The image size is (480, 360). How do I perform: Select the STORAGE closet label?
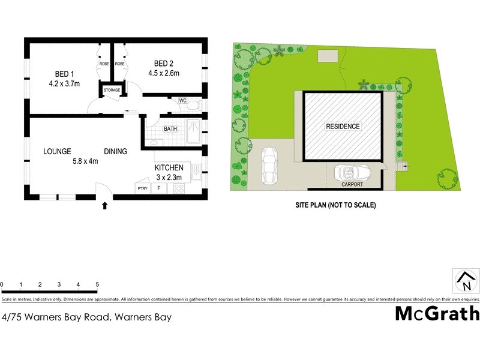point(112,90)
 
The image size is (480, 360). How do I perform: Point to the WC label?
point(182,101)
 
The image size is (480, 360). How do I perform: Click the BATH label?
point(170,128)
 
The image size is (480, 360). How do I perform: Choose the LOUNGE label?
point(57,151)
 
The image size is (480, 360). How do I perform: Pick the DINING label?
point(115,151)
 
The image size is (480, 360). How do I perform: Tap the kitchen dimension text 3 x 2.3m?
point(168,177)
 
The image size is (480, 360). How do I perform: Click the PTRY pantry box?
point(142,188)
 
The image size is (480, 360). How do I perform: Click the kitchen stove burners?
point(178,188)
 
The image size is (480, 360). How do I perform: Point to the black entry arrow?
point(105,206)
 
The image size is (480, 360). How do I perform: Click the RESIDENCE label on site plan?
point(343,127)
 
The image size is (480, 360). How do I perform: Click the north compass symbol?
point(465,280)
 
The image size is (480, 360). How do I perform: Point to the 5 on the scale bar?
point(97,284)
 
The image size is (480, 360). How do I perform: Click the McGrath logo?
point(437,313)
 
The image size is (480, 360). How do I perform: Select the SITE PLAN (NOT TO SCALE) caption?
point(335,205)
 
